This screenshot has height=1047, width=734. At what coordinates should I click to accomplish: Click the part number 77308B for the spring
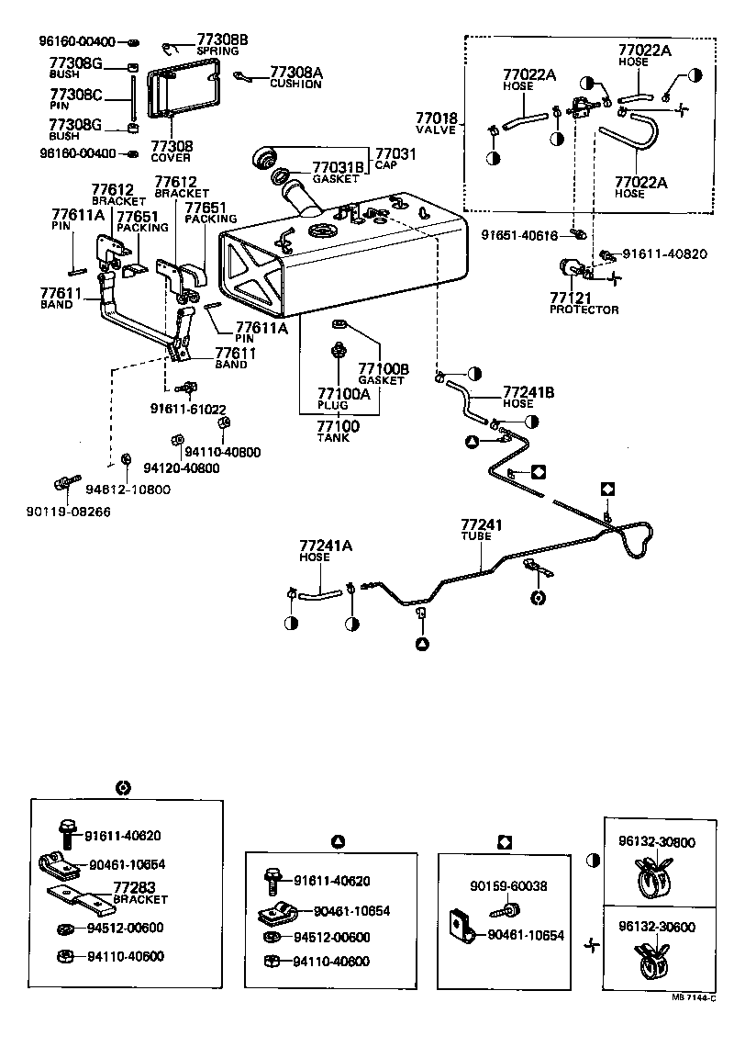point(222,39)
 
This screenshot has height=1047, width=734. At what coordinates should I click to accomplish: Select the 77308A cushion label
point(295,72)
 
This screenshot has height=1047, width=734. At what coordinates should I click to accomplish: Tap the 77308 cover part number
point(171,146)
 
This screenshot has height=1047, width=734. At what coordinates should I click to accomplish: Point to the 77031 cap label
point(395,153)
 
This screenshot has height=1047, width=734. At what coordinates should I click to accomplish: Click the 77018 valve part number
point(436,118)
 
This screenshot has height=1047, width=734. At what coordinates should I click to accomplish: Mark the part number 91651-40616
point(519,236)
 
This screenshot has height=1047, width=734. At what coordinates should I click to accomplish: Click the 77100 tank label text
point(338,426)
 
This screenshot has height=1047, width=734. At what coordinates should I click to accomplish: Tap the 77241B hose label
point(529,392)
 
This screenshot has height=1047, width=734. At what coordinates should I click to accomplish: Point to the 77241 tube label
point(483,525)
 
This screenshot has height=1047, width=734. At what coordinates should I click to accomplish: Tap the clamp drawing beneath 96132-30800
point(657,880)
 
